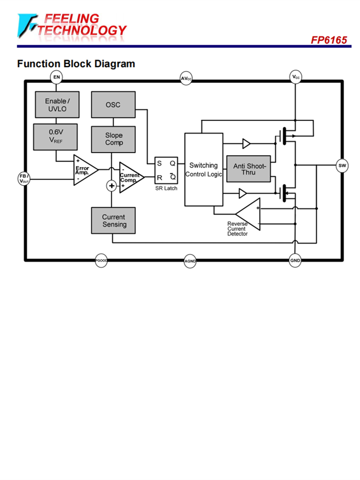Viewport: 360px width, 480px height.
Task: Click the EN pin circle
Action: pyautogui.click(x=57, y=77)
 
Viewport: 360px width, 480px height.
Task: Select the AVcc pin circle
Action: pyautogui.click(x=186, y=78)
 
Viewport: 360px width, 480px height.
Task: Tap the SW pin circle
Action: pyautogui.click(x=342, y=166)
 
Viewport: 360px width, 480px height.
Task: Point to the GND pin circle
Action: pyautogui.click(x=295, y=261)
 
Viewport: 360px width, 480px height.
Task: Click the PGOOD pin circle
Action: pyautogui.click(x=101, y=261)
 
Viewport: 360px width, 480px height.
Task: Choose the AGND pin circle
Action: pyautogui.click(x=190, y=262)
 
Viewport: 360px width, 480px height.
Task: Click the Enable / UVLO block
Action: pyautogui.click(x=57, y=105)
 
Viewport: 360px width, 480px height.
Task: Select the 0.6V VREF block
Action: pyautogui.click(x=56, y=136)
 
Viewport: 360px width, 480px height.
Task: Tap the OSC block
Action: pyautogui.click(x=113, y=105)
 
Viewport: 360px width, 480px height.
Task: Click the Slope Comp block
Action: pyautogui.click(x=114, y=139)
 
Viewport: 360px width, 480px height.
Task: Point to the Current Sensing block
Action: pyautogui.click(x=114, y=220)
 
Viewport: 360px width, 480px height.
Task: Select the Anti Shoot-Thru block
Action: pyautogui.click(x=248, y=169)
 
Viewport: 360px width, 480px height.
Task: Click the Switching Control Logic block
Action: pyautogui.click(x=204, y=169)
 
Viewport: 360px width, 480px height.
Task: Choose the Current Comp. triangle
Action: pyautogui.click(x=130, y=177)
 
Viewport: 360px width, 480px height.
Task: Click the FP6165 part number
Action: pyautogui.click(x=329, y=40)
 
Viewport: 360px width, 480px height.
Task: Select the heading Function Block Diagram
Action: pyautogui.click(x=76, y=63)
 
